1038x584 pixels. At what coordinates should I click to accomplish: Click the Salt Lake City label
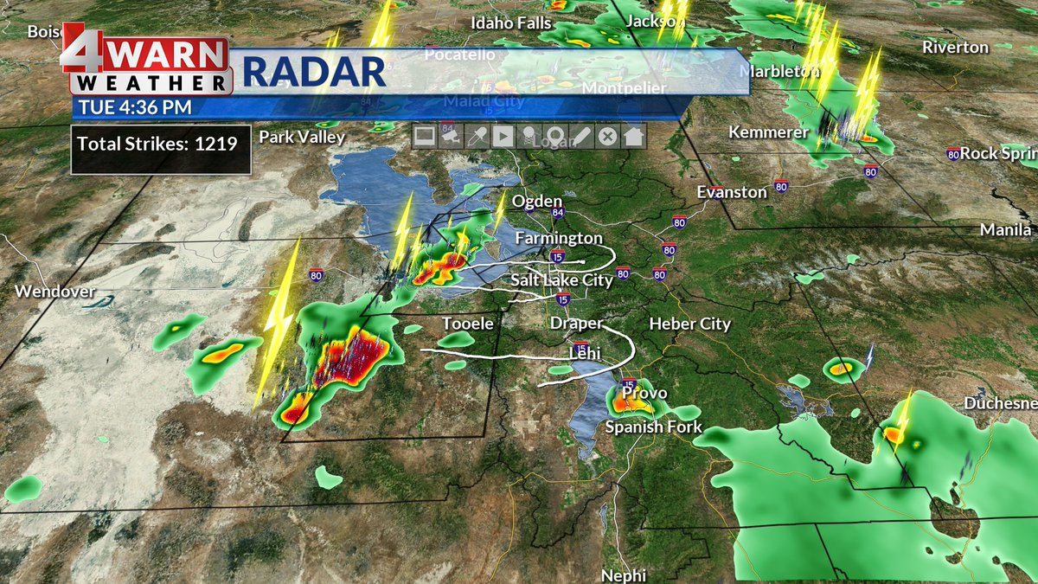click(x=561, y=280)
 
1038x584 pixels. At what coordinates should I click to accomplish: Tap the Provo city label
click(x=645, y=394)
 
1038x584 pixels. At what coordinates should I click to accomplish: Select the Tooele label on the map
click(x=467, y=324)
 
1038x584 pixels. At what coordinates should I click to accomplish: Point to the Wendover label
click(x=54, y=292)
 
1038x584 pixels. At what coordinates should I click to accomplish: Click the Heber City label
click(x=689, y=324)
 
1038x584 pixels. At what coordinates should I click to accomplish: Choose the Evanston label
click(x=732, y=192)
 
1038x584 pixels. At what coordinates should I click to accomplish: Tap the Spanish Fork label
click(x=653, y=427)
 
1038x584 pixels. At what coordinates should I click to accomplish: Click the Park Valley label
click(x=302, y=137)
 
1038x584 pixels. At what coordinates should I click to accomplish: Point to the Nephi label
click(x=624, y=575)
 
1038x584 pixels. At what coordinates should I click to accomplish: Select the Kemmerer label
click(x=768, y=132)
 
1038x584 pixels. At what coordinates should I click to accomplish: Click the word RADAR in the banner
click(x=313, y=72)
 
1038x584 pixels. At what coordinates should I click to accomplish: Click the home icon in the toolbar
click(x=634, y=136)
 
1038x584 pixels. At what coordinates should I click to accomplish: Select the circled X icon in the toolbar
click(x=608, y=136)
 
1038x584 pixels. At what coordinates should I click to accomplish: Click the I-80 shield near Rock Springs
click(x=952, y=154)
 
